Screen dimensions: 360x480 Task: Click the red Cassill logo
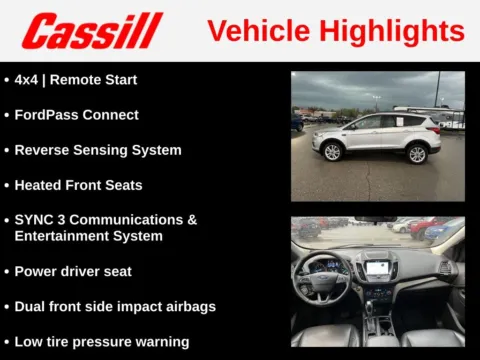92,31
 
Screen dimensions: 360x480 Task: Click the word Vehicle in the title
257,31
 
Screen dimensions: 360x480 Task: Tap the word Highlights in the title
390,31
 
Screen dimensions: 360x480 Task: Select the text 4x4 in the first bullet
28,79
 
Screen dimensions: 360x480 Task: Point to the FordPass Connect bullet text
76,115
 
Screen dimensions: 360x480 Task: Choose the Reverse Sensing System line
97,150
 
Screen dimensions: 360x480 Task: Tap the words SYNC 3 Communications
105,220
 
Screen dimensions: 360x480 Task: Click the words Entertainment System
88,236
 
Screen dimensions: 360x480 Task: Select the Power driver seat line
73,271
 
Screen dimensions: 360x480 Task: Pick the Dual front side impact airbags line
114,306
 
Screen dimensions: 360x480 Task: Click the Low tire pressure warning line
101,342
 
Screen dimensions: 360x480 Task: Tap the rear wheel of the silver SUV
417,153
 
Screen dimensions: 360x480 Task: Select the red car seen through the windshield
422,227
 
